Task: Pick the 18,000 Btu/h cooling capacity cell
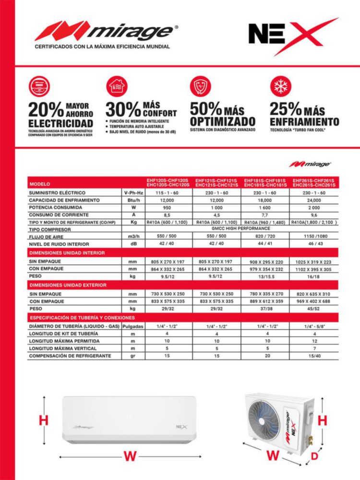pos(265,200)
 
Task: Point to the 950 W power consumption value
pos(167,207)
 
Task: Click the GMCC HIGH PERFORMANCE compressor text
pos(240,229)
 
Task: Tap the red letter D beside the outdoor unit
pos(314,457)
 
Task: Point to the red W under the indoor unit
pos(130,456)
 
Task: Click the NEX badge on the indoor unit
pos(181,426)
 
